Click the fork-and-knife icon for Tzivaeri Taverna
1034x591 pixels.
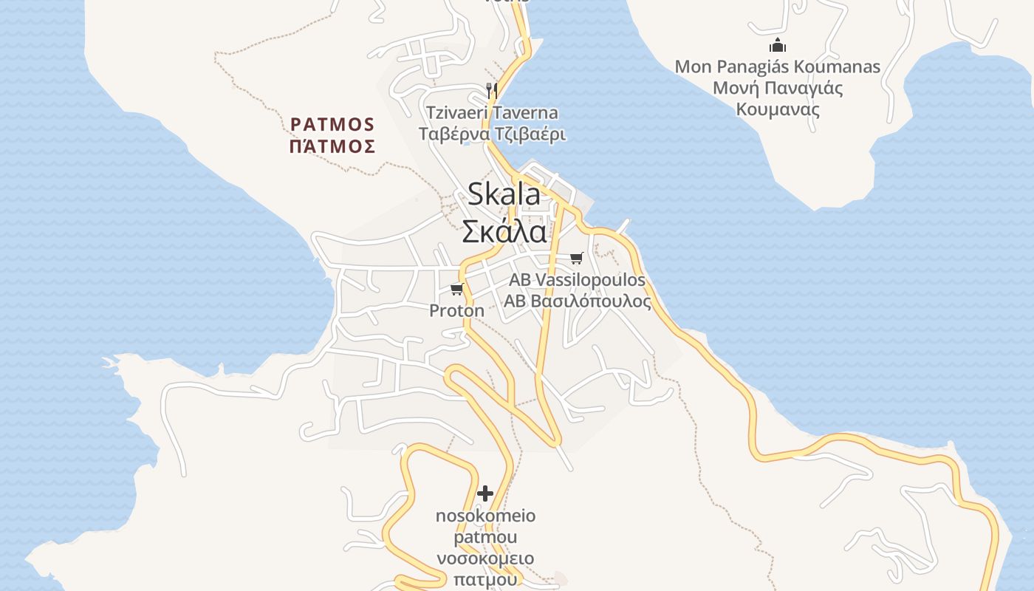pyautogui.click(x=491, y=90)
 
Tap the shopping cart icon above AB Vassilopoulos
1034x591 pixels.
pyautogui.click(x=577, y=258)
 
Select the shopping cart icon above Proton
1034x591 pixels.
pyautogui.click(x=457, y=289)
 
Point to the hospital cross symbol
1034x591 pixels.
pyautogui.click(x=485, y=493)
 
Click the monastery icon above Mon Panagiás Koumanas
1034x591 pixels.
pyautogui.click(x=777, y=46)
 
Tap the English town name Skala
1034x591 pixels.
pyautogui.click(x=504, y=194)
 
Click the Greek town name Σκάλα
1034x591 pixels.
pyautogui.click(x=504, y=231)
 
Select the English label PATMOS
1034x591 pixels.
pyautogui.click(x=333, y=124)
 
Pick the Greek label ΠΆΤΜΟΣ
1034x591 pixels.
pyautogui.click(x=332, y=146)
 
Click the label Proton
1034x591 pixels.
pyautogui.click(x=457, y=310)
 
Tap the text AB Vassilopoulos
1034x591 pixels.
pyautogui.click(x=577, y=280)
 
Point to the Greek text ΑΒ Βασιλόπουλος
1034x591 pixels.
pyautogui.click(x=578, y=301)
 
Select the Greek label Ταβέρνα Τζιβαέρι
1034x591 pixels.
pyautogui.click(x=492, y=134)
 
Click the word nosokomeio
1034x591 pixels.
pyautogui.click(x=485, y=516)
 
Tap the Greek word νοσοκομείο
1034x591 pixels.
pyautogui.click(x=485, y=558)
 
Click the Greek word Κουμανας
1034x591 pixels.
pyautogui.click(x=778, y=110)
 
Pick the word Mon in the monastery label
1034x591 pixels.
pyautogui.click(x=693, y=67)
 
